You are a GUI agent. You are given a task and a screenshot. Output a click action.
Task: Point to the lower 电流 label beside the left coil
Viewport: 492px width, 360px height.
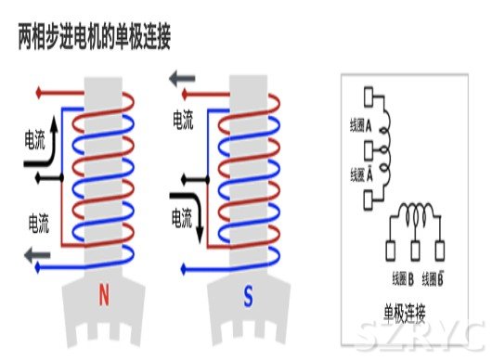(x=38, y=222)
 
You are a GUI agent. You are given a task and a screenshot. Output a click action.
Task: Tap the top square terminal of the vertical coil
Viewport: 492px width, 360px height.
(x=369, y=95)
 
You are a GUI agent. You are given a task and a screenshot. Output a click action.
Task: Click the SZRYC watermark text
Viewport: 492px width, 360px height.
(x=420, y=334)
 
